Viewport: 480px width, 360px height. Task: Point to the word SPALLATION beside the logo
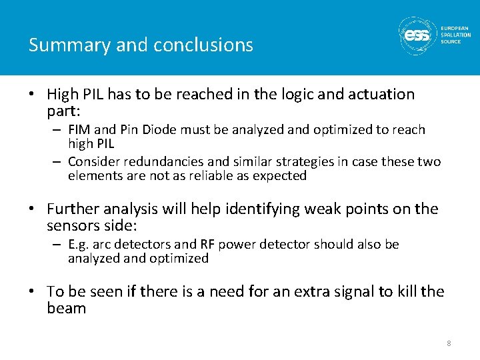[x=455, y=35]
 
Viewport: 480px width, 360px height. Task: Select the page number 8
[x=449, y=343]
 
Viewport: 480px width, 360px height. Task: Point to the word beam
[x=67, y=308]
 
